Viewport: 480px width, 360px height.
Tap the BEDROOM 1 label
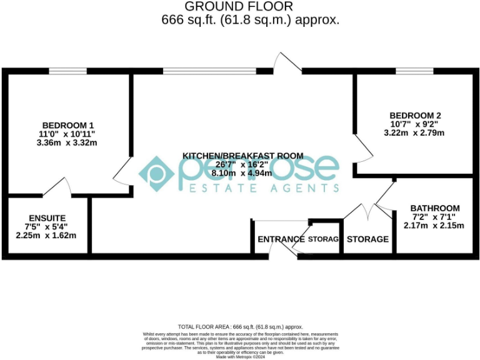click(x=68, y=124)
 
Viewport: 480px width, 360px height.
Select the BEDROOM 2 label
click(x=415, y=115)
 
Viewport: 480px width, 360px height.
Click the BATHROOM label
click(x=434, y=208)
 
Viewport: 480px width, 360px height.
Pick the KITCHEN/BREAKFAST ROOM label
click(x=242, y=155)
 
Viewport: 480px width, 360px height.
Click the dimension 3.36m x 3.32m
click(x=67, y=142)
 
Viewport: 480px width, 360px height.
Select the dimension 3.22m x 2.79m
click(x=415, y=132)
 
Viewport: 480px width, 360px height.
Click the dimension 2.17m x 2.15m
click(x=434, y=225)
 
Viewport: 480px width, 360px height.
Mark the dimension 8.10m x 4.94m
click(x=242, y=173)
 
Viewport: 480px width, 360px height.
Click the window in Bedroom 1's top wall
click(x=67, y=71)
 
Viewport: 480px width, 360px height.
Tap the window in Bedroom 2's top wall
click(x=414, y=71)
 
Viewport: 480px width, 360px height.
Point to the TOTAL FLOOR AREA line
click(x=240, y=327)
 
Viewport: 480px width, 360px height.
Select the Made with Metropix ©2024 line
click(x=240, y=357)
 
